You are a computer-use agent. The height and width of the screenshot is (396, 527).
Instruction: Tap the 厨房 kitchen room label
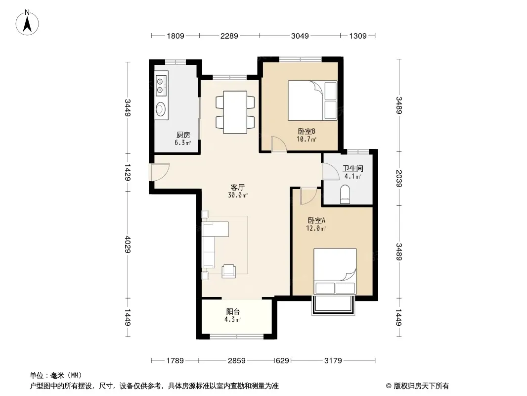tap(183, 135)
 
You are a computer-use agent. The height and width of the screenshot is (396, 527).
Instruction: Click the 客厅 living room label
tap(238, 188)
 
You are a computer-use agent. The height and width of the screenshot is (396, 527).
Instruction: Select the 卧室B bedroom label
tap(307, 131)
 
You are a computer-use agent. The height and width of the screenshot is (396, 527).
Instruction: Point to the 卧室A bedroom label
tap(316, 221)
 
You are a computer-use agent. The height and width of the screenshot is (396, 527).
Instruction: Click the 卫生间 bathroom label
tap(352, 168)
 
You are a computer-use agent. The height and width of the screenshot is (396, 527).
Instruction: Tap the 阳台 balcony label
tap(232, 311)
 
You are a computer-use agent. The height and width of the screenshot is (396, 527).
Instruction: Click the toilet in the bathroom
tap(345, 195)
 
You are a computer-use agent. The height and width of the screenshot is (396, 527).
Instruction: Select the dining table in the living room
tap(235, 112)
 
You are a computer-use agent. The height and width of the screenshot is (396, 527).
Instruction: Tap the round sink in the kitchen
tap(160, 109)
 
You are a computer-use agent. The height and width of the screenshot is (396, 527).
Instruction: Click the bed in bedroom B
tap(312, 100)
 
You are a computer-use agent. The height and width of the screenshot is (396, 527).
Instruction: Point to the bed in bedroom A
tap(335, 272)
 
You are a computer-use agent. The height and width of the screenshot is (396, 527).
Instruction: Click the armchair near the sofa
tap(228, 271)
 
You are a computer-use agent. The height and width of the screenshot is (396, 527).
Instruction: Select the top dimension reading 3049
tap(300, 36)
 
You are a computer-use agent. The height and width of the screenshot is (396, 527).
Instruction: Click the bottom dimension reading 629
tap(282, 361)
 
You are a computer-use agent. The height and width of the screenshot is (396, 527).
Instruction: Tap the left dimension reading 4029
tap(128, 244)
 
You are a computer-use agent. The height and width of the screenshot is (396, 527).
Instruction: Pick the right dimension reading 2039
tap(399, 178)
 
